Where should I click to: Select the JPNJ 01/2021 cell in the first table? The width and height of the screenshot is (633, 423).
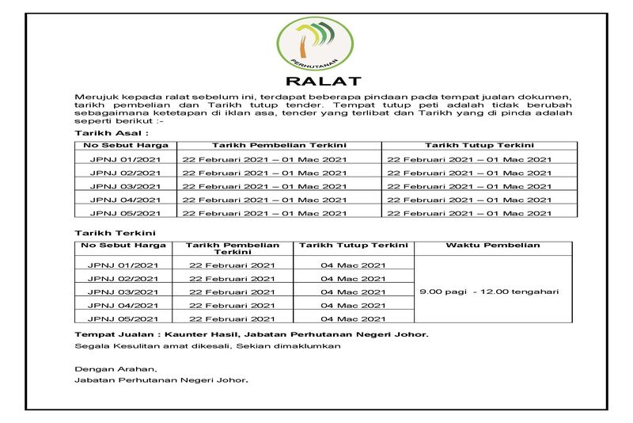(125, 160)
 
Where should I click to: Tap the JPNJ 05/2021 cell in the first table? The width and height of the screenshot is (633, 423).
(125, 213)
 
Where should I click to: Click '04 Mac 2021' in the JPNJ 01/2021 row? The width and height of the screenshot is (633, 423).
(353, 265)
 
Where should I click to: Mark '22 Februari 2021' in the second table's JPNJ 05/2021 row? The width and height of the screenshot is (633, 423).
(233, 318)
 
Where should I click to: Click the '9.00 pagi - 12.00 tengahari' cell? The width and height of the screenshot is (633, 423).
(489, 292)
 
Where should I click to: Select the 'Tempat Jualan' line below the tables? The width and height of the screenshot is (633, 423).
(252, 334)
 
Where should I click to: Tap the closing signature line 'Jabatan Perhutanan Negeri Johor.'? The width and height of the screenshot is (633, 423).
(161, 381)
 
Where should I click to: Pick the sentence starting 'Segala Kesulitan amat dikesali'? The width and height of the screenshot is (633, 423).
(208, 346)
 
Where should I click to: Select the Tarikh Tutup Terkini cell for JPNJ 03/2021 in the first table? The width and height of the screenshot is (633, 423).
(469, 186)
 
